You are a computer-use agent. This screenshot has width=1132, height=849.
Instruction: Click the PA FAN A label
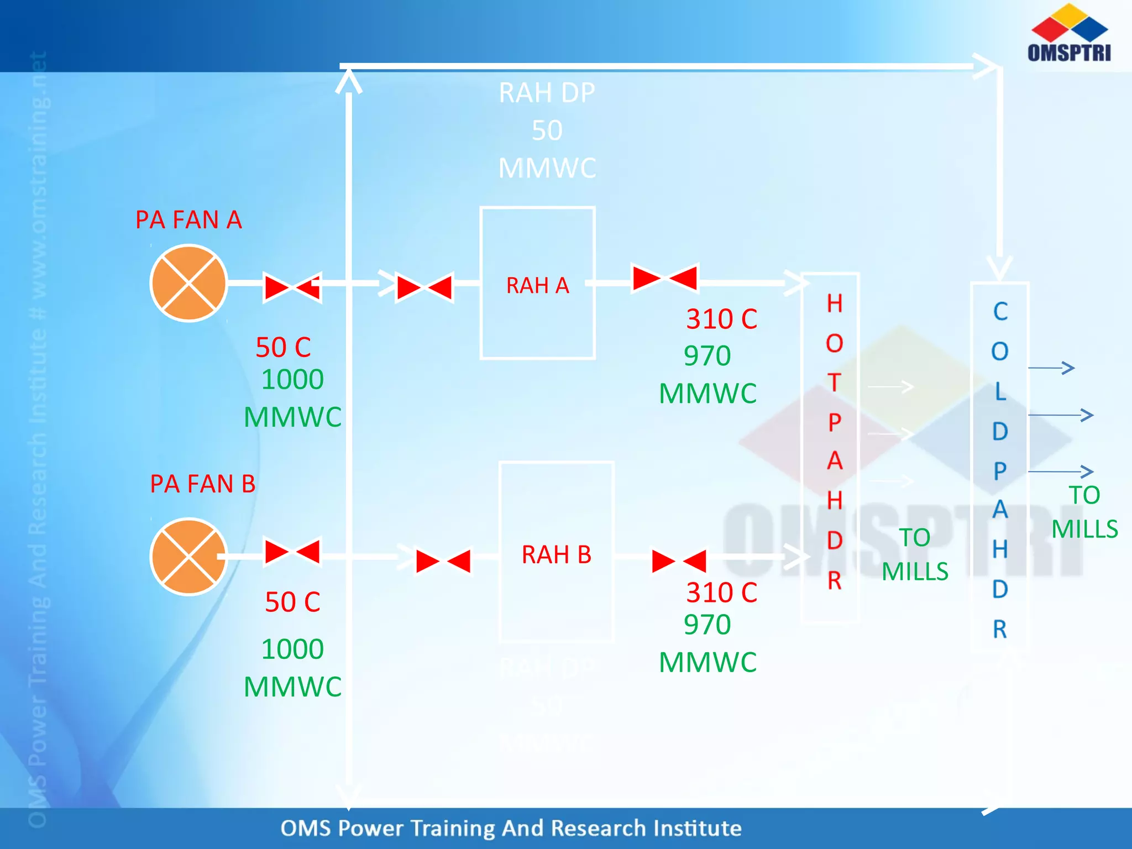(x=188, y=220)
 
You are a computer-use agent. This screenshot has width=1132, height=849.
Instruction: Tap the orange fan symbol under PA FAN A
(x=189, y=283)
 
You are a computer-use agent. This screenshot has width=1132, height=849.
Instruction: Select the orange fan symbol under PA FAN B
(x=189, y=556)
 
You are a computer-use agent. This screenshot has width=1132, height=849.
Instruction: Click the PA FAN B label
(x=202, y=484)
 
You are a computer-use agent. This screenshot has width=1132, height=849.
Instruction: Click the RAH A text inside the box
(x=537, y=286)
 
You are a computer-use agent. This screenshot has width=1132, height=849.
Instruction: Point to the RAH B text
(x=556, y=554)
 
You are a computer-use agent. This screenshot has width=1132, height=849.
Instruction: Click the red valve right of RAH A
(x=665, y=277)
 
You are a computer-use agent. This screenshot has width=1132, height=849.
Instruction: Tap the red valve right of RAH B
(x=679, y=561)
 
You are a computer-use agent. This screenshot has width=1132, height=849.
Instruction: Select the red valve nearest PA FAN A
(x=292, y=287)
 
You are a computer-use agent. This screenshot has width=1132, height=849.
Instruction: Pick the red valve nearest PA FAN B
(x=292, y=552)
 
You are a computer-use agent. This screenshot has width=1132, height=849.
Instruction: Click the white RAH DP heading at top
(x=547, y=93)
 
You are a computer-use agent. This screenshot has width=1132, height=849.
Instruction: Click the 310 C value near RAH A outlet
(x=721, y=319)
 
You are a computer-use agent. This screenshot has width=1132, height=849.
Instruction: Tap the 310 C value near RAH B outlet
(x=721, y=593)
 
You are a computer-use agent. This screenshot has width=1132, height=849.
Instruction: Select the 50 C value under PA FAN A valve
(x=283, y=348)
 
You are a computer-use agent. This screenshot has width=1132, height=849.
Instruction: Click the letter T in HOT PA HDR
(x=834, y=382)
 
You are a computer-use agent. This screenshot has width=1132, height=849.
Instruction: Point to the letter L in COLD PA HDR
(x=1000, y=391)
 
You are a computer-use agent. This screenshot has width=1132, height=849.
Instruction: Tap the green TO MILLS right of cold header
(x=1084, y=512)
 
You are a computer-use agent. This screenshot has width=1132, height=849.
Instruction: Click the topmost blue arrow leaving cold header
(x=1051, y=368)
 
